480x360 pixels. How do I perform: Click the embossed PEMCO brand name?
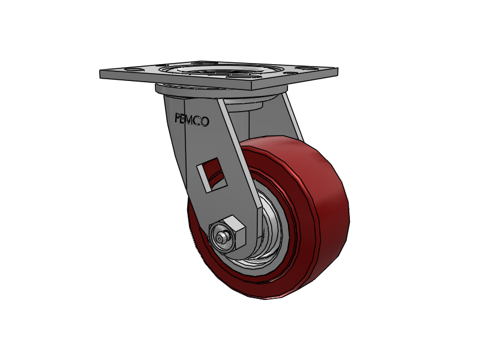(192, 120)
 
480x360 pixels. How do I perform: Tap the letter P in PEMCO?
(178, 118)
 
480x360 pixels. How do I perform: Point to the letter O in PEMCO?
(205, 122)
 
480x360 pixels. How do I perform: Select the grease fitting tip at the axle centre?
(221, 238)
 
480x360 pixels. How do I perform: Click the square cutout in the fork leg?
(212, 175)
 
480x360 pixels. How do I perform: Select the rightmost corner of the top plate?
(336, 71)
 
